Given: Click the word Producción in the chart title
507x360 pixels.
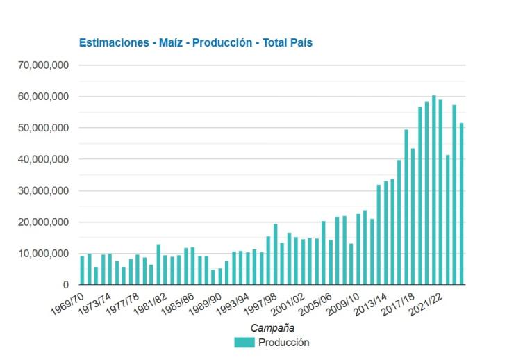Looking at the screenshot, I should click(222, 43).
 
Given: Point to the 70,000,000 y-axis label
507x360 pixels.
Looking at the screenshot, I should click(43, 65).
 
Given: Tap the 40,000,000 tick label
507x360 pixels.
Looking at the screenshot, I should click(43, 159).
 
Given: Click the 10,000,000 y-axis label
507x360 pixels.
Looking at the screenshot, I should click(43, 254).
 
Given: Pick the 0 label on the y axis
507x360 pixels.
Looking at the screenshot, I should click(65, 285).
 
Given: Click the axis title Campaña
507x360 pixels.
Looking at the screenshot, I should click(272, 327).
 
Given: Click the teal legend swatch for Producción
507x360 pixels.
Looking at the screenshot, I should click(244, 342).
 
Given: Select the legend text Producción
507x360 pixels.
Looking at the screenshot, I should click(283, 342).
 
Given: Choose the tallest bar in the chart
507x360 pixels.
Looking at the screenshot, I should click(433, 190).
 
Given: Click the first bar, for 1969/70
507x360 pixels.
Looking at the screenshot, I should click(83, 270).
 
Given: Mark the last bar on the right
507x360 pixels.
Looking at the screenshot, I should click(461, 204).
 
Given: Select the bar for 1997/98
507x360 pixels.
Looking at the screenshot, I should click(275, 254).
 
